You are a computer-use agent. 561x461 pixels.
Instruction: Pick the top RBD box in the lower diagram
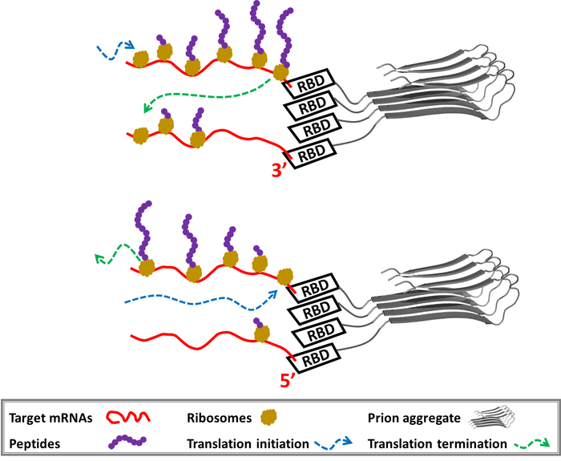click(x=315, y=287)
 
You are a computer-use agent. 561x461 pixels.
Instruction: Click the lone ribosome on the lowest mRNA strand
click(x=260, y=331)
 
